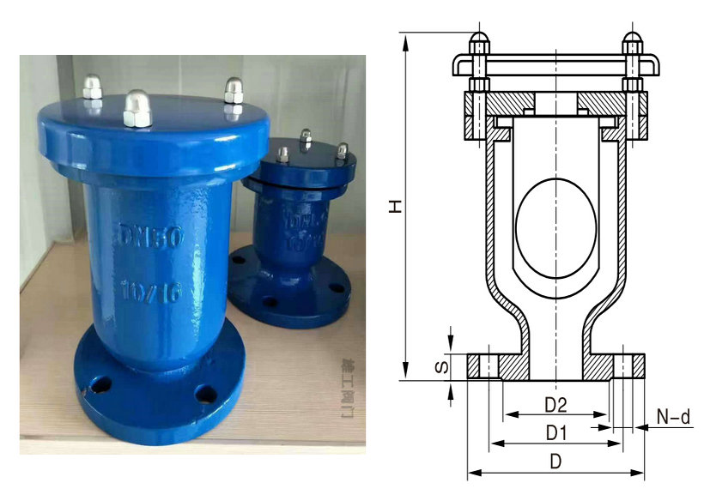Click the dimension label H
click(394, 206)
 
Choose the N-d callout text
click(673, 417)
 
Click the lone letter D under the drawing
click(555, 462)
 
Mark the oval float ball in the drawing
click(555, 227)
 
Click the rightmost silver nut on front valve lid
click(231, 89)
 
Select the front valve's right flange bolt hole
click(205, 394)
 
